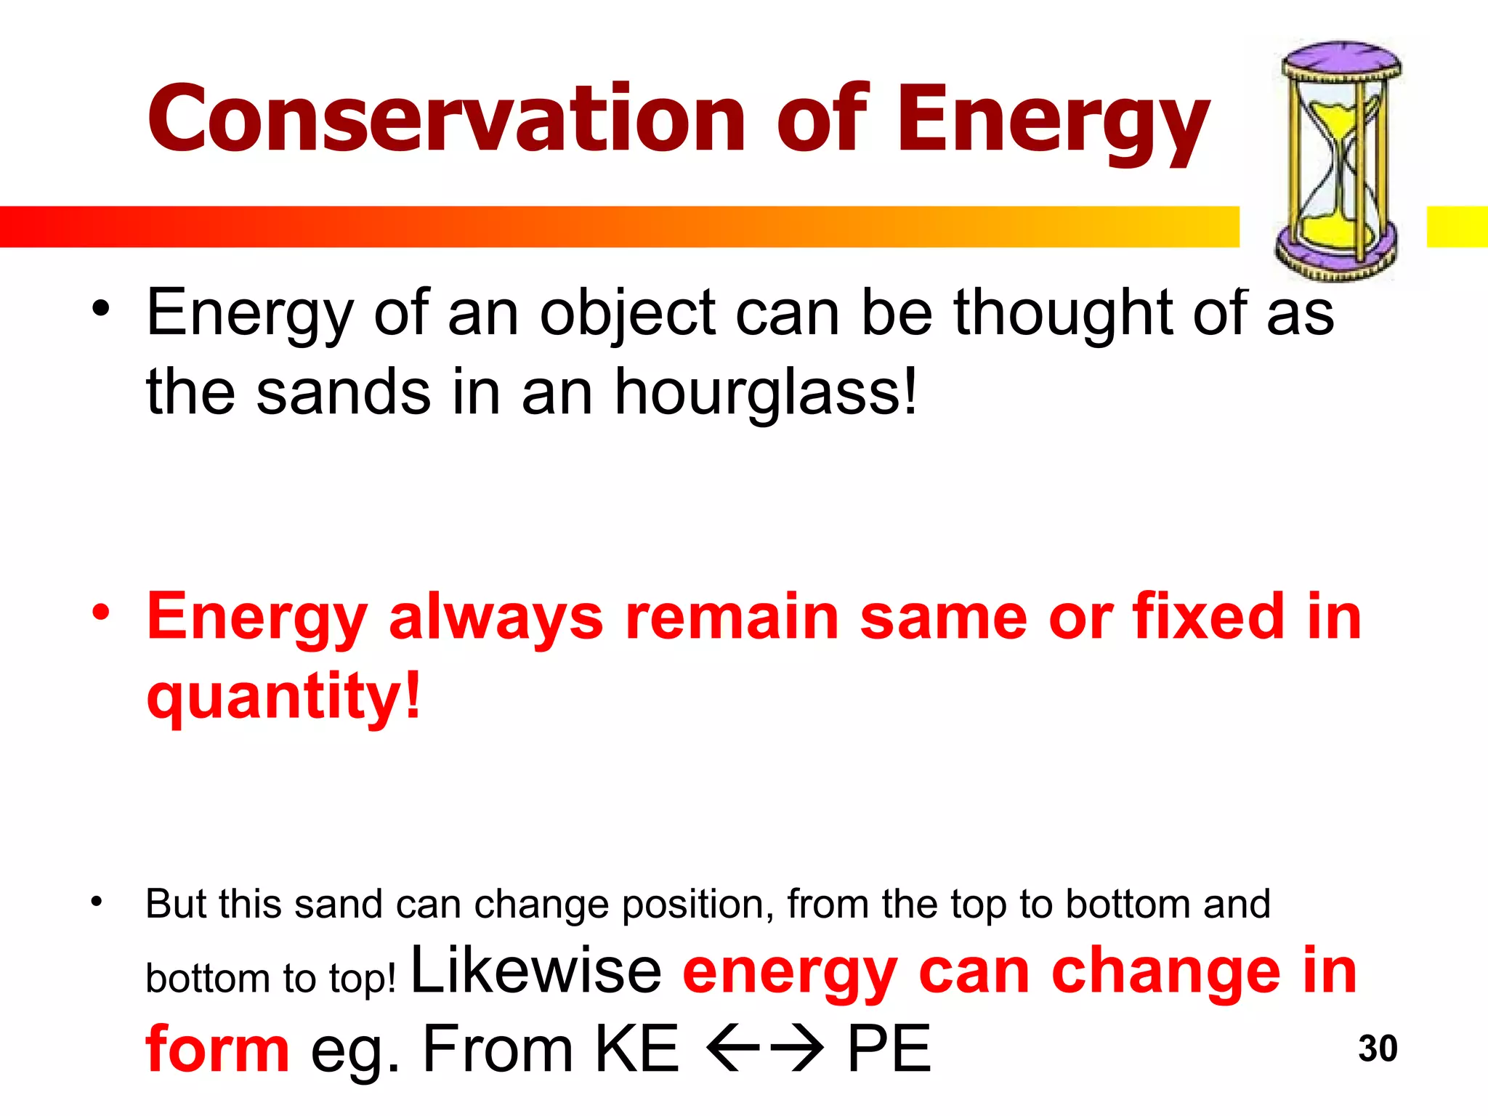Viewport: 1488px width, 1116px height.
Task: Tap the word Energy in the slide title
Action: coord(1054,124)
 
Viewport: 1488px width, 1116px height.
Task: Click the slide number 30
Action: coord(1378,1048)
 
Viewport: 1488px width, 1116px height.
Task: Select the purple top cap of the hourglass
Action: coord(1341,61)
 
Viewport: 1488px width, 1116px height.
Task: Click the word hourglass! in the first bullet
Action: coord(767,393)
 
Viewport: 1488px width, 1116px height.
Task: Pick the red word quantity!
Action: coord(283,696)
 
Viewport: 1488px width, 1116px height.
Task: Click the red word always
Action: coord(496,618)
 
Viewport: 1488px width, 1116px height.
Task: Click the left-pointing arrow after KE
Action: coord(732,1048)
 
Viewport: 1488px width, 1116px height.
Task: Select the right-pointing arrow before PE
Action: coord(797,1048)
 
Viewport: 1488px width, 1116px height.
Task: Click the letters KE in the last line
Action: coord(636,1048)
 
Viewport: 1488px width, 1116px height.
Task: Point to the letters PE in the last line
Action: coord(889,1048)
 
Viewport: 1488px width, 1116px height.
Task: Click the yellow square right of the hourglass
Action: coord(1456,227)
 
